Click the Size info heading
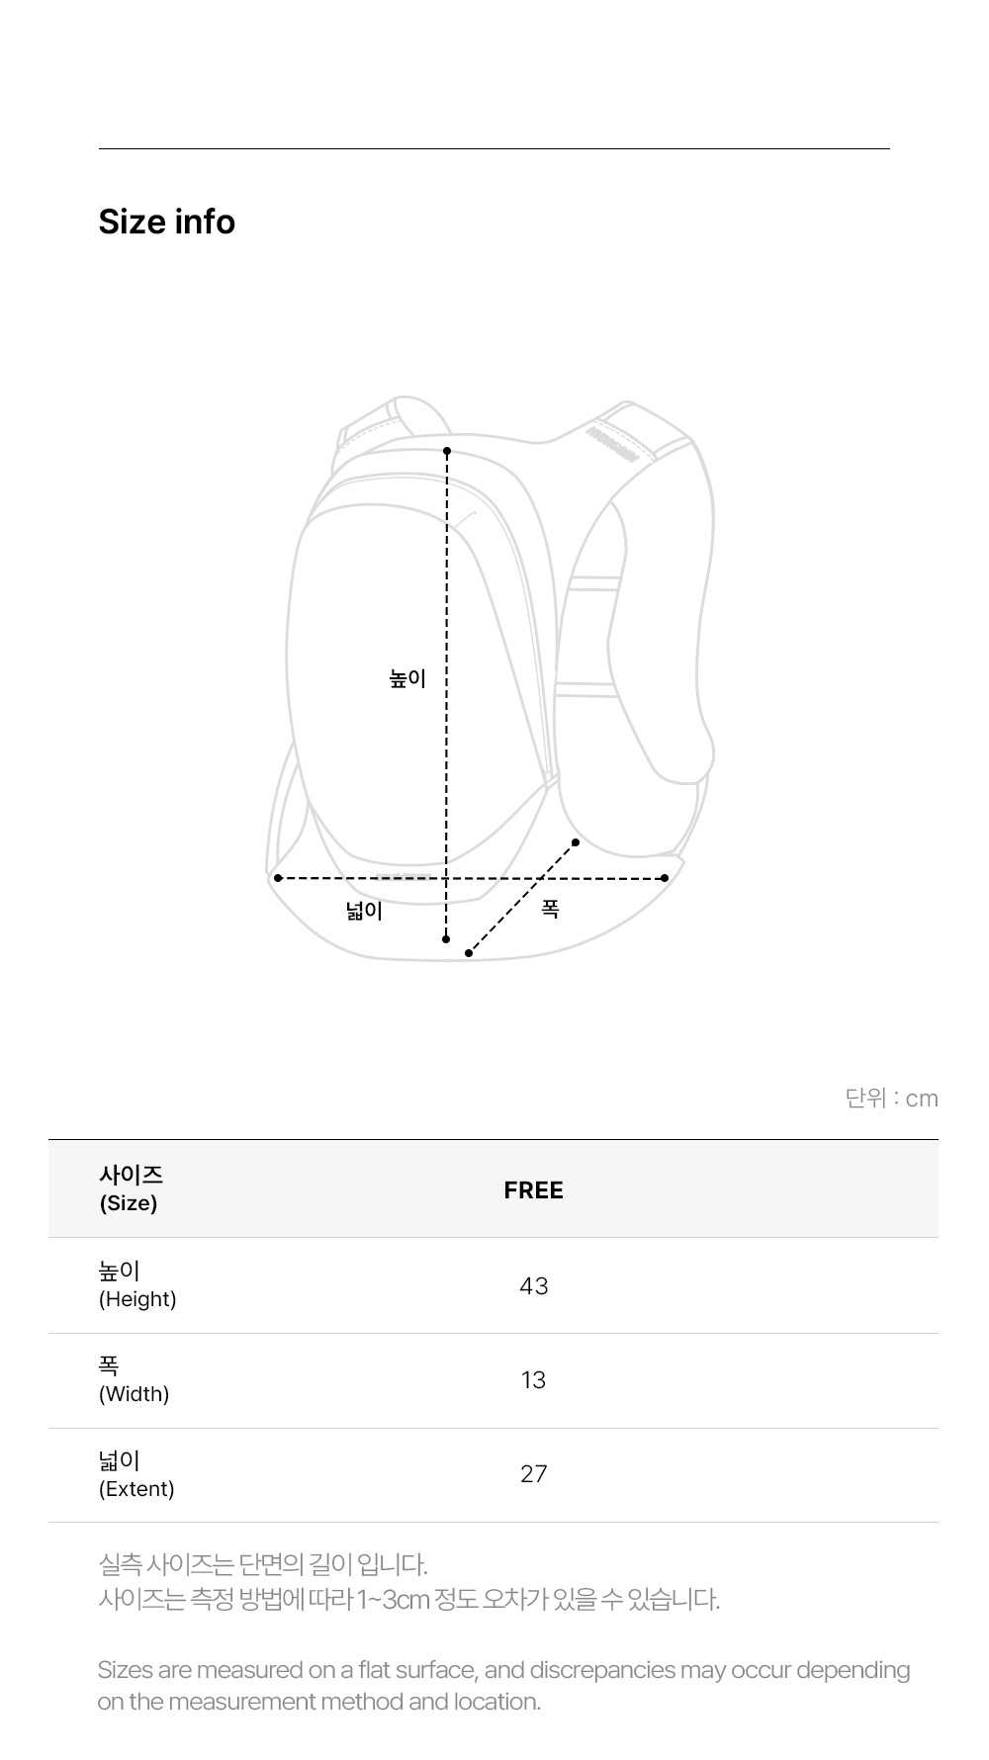(166, 221)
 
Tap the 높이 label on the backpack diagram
(407, 678)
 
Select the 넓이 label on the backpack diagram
(364, 910)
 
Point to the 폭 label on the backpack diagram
(551, 908)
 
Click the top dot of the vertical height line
(447, 451)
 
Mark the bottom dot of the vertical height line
(446, 939)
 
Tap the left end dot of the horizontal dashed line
(278, 878)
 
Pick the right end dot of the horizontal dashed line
(665, 878)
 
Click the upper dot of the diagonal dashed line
(576, 843)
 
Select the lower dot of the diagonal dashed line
(469, 953)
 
